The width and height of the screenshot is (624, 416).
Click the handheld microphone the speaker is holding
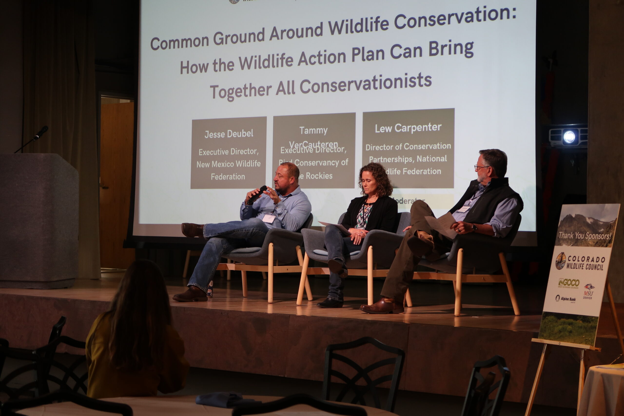[257, 195]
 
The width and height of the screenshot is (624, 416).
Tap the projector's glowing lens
[569, 137]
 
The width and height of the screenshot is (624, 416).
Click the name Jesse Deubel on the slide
[229, 134]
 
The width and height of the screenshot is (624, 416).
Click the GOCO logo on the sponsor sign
[569, 283]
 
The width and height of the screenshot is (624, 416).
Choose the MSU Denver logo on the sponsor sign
[588, 291]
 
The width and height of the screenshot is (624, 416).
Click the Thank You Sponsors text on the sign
[585, 236]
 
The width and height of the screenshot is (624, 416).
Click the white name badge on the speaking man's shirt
[269, 218]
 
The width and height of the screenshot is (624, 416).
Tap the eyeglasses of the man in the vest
[481, 167]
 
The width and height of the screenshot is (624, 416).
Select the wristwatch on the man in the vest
[474, 228]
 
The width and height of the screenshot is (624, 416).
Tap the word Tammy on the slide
[313, 131]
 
